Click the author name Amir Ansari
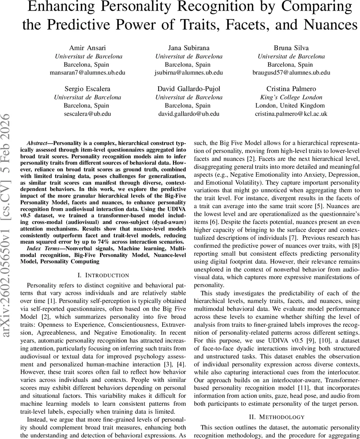pyautogui.click(x=87, y=48)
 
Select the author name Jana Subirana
pyautogui.click(x=189, y=48)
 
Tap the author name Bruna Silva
pyautogui.click(x=291, y=48)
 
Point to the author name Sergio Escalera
pyautogui.click(x=87, y=89)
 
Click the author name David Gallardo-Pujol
pyautogui.click(x=189, y=89)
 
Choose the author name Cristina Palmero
pyautogui.click(x=291, y=89)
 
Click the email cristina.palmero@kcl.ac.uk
pyautogui.click(x=291, y=114)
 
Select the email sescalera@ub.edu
pyautogui.click(x=87, y=114)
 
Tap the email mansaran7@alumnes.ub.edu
pyautogui.click(x=87, y=72)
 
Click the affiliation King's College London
pyautogui.click(x=291, y=97)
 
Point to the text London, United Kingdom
pyautogui.click(x=291, y=105)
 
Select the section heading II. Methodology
pyautogui.click(x=277, y=417)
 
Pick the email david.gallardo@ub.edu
pyautogui.click(x=189, y=114)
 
